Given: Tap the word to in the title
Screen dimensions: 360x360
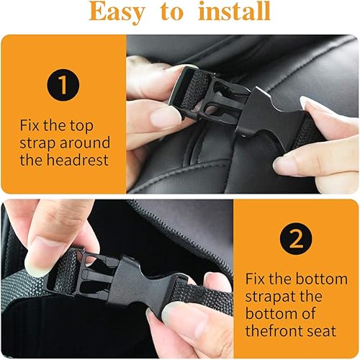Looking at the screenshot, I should (x=173, y=12).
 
